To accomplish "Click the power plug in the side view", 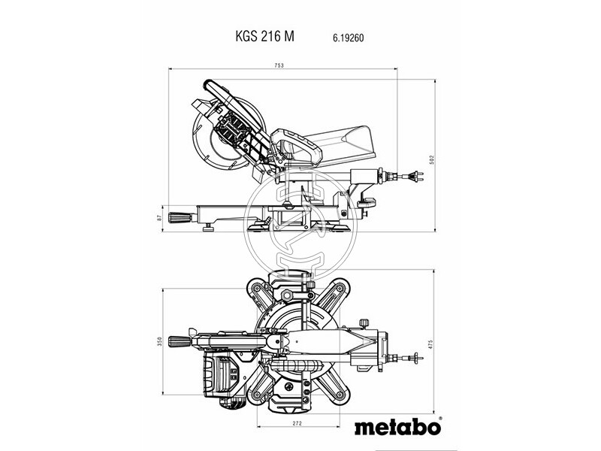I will (x=412, y=179).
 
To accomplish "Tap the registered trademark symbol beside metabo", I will (x=439, y=419).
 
